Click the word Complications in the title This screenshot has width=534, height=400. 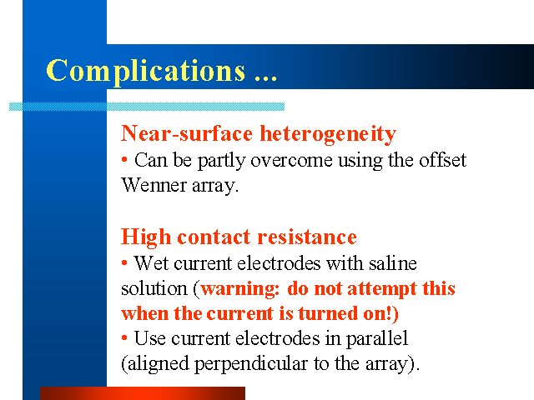[146, 71]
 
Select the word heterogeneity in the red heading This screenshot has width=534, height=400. [328, 134]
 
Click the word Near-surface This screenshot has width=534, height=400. [187, 133]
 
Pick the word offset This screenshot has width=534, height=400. [442, 160]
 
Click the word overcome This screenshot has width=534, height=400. [291, 161]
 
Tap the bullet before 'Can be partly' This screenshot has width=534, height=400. [124, 159]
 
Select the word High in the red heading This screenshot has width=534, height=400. [146, 237]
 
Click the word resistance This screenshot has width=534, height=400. [307, 237]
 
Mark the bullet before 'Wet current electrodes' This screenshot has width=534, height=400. [124, 262]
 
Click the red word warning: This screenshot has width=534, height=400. [240, 289]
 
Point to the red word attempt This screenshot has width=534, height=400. [382, 290]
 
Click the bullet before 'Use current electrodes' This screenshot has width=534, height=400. [124, 337]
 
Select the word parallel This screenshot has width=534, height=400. [377, 339]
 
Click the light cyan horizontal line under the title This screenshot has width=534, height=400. [147, 107]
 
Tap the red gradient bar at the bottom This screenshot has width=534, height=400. [143, 393]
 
